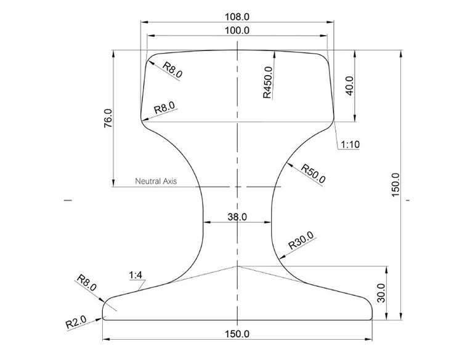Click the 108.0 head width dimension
[238, 16]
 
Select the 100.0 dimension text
[238, 30]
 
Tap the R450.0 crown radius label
[267, 82]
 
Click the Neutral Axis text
[156, 182]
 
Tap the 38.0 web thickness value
[237, 217]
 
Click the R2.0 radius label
[76, 321]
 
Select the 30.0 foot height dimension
[381, 294]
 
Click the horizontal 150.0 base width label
[238, 334]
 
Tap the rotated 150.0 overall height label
[395, 185]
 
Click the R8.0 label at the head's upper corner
[172, 70]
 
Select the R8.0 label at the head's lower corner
[164, 108]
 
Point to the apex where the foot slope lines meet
[238, 266]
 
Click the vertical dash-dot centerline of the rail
[238, 154]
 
